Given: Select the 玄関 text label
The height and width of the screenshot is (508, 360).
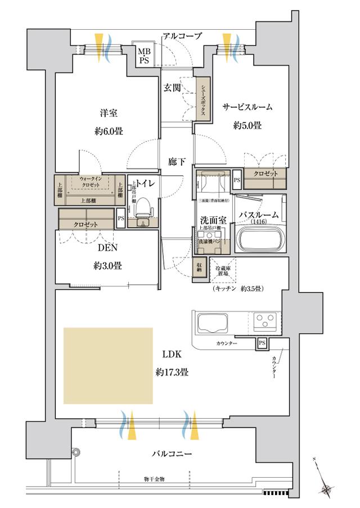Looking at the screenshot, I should pyautogui.click(x=172, y=88).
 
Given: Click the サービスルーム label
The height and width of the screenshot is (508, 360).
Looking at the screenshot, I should pyautogui.click(x=247, y=107).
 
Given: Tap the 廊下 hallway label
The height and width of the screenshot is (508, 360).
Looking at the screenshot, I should pyautogui.click(x=177, y=162).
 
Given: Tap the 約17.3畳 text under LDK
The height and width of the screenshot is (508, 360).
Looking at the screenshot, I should pyautogui.click(x=172, y=372).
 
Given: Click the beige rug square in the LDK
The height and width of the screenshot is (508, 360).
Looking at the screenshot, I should pyautogui.click(x=108, y=365).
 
